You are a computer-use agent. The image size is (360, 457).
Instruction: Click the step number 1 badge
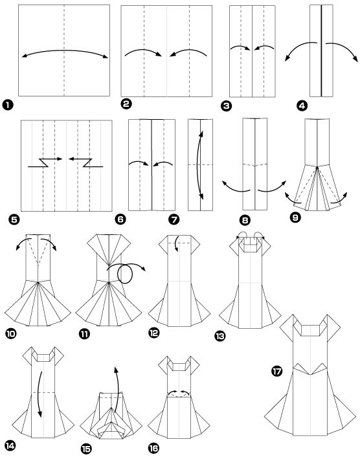click(x=9, y=104)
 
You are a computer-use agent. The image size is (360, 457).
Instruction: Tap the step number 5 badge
click(x=9, y=219)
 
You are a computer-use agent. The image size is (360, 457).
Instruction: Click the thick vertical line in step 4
click(x=321, y=49)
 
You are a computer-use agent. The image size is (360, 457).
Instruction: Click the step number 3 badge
click(x=227, y=104)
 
